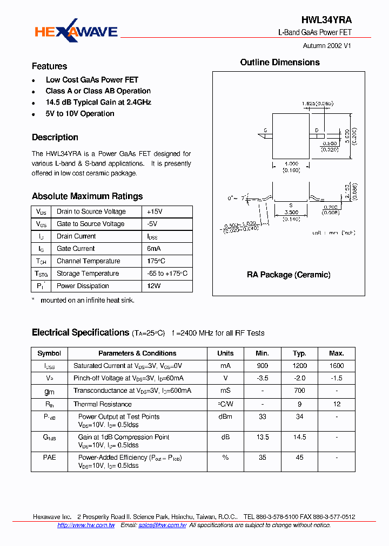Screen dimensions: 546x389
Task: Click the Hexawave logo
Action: coord(76,32)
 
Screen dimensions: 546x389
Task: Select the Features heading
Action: coord(49,66)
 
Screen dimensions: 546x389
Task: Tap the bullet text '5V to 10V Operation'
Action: coord(80,114)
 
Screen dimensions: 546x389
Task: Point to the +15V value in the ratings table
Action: coord(155,211)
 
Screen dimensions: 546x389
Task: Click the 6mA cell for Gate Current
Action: coord(154,249)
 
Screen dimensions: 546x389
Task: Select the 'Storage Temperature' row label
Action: coord(88,274)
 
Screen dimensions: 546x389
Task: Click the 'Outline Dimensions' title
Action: coord(280,63)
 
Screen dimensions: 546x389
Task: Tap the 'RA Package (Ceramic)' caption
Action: coord(289,275)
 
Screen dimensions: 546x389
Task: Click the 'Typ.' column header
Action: coord(299,353)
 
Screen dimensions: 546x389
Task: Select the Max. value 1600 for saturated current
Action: coord(336,366)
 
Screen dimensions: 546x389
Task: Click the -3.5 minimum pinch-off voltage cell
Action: coord(262,378)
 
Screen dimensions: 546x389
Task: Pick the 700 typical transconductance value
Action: coord(299,391)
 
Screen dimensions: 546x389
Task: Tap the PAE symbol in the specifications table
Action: coord(49,458)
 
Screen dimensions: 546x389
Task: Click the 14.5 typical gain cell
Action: coord(299,438)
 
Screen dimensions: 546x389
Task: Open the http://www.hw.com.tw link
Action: coord(86,525)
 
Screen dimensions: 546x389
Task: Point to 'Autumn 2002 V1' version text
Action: coord(327,46)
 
